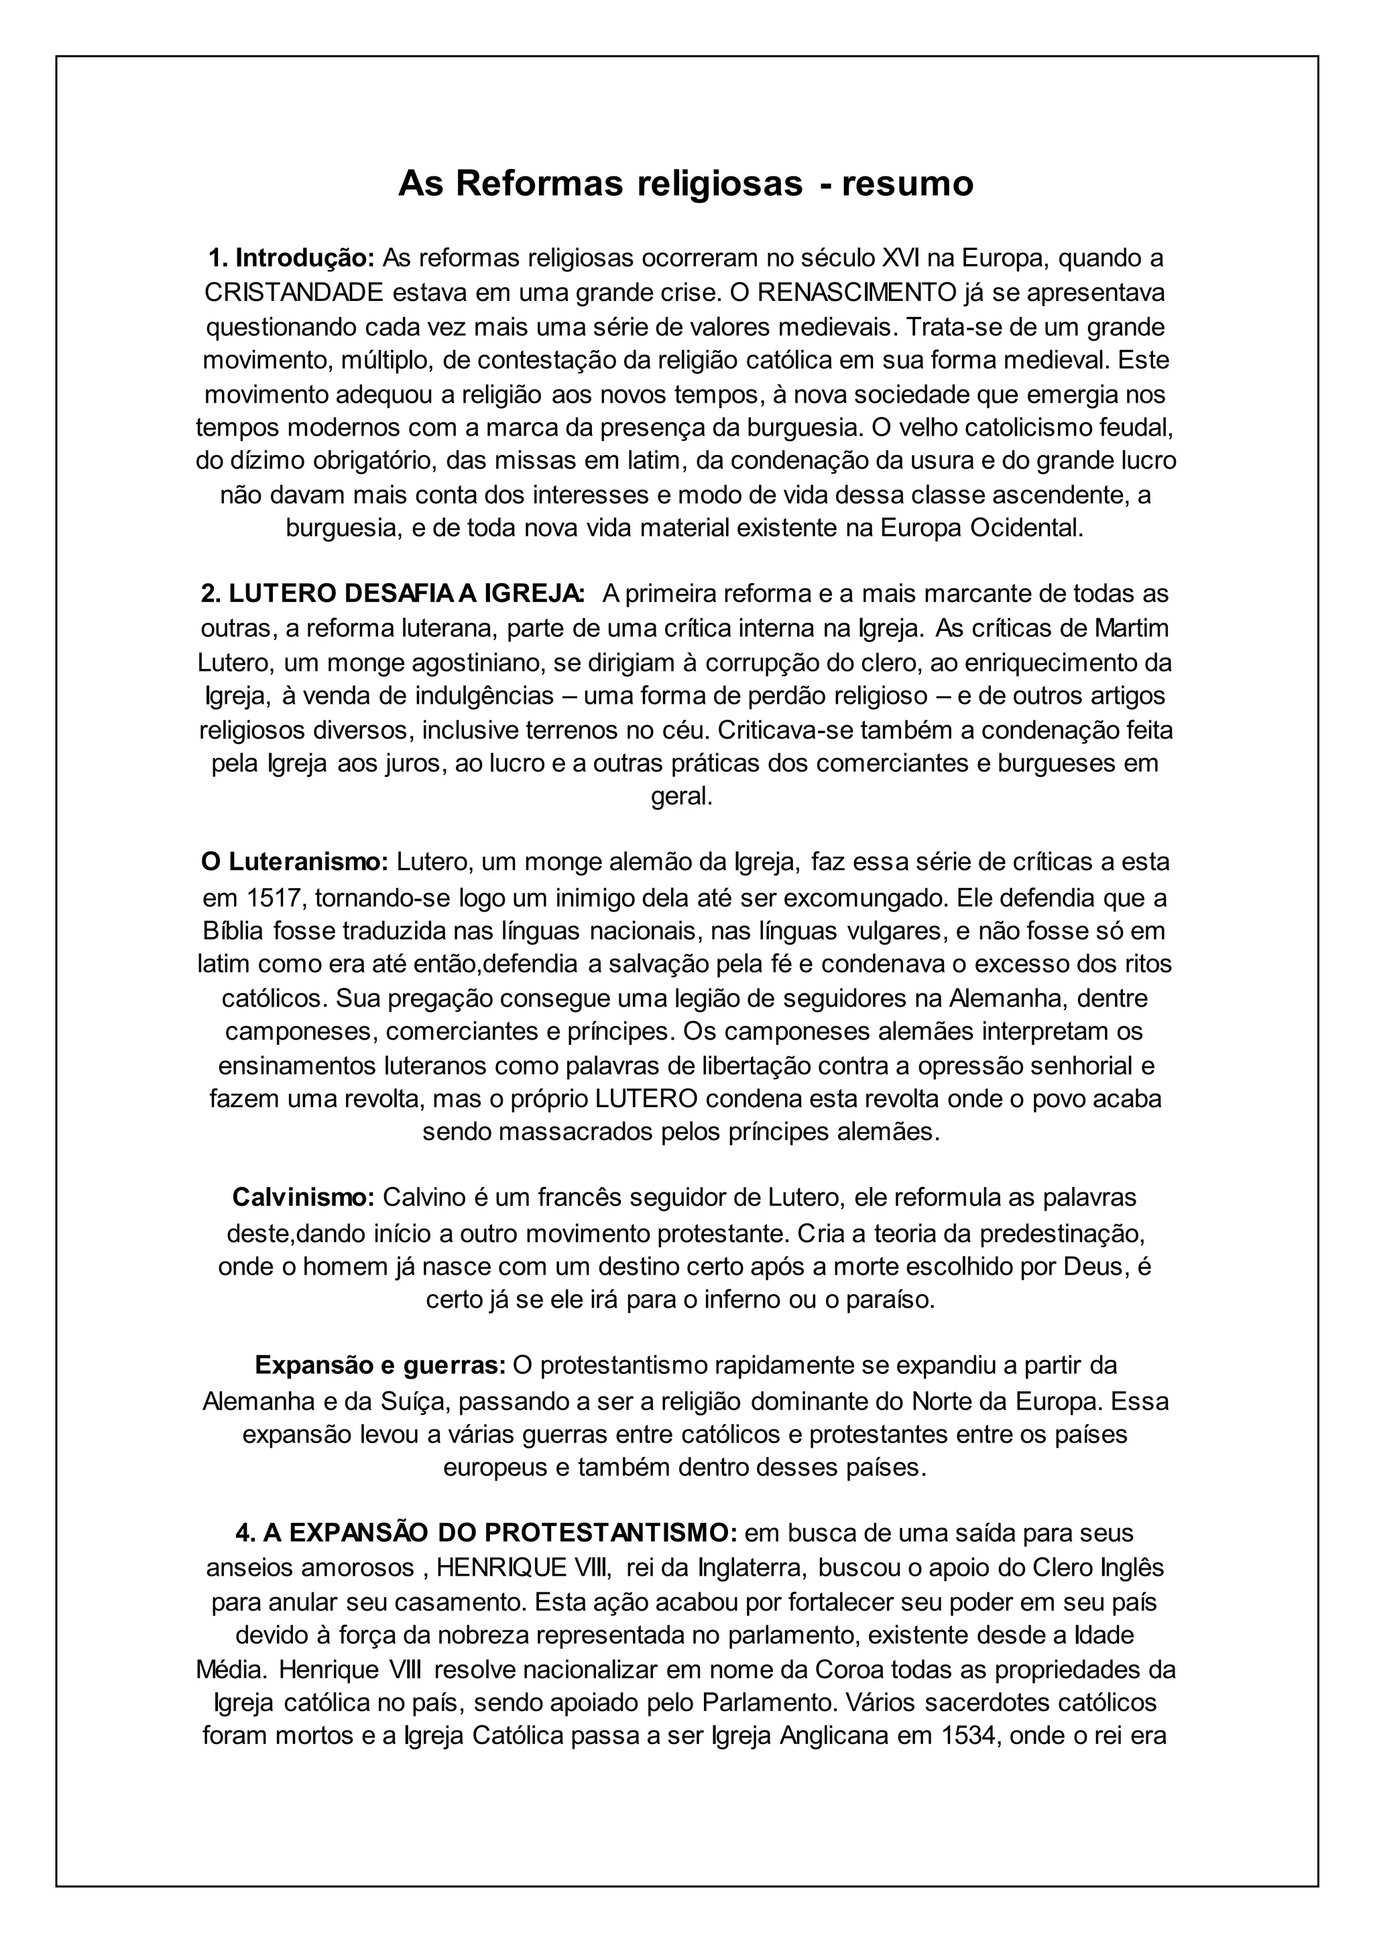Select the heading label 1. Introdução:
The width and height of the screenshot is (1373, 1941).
(x=292, y=257)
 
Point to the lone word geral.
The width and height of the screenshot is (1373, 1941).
(x=681, y=797)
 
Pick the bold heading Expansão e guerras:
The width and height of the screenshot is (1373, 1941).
(x=380, y=1365)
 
